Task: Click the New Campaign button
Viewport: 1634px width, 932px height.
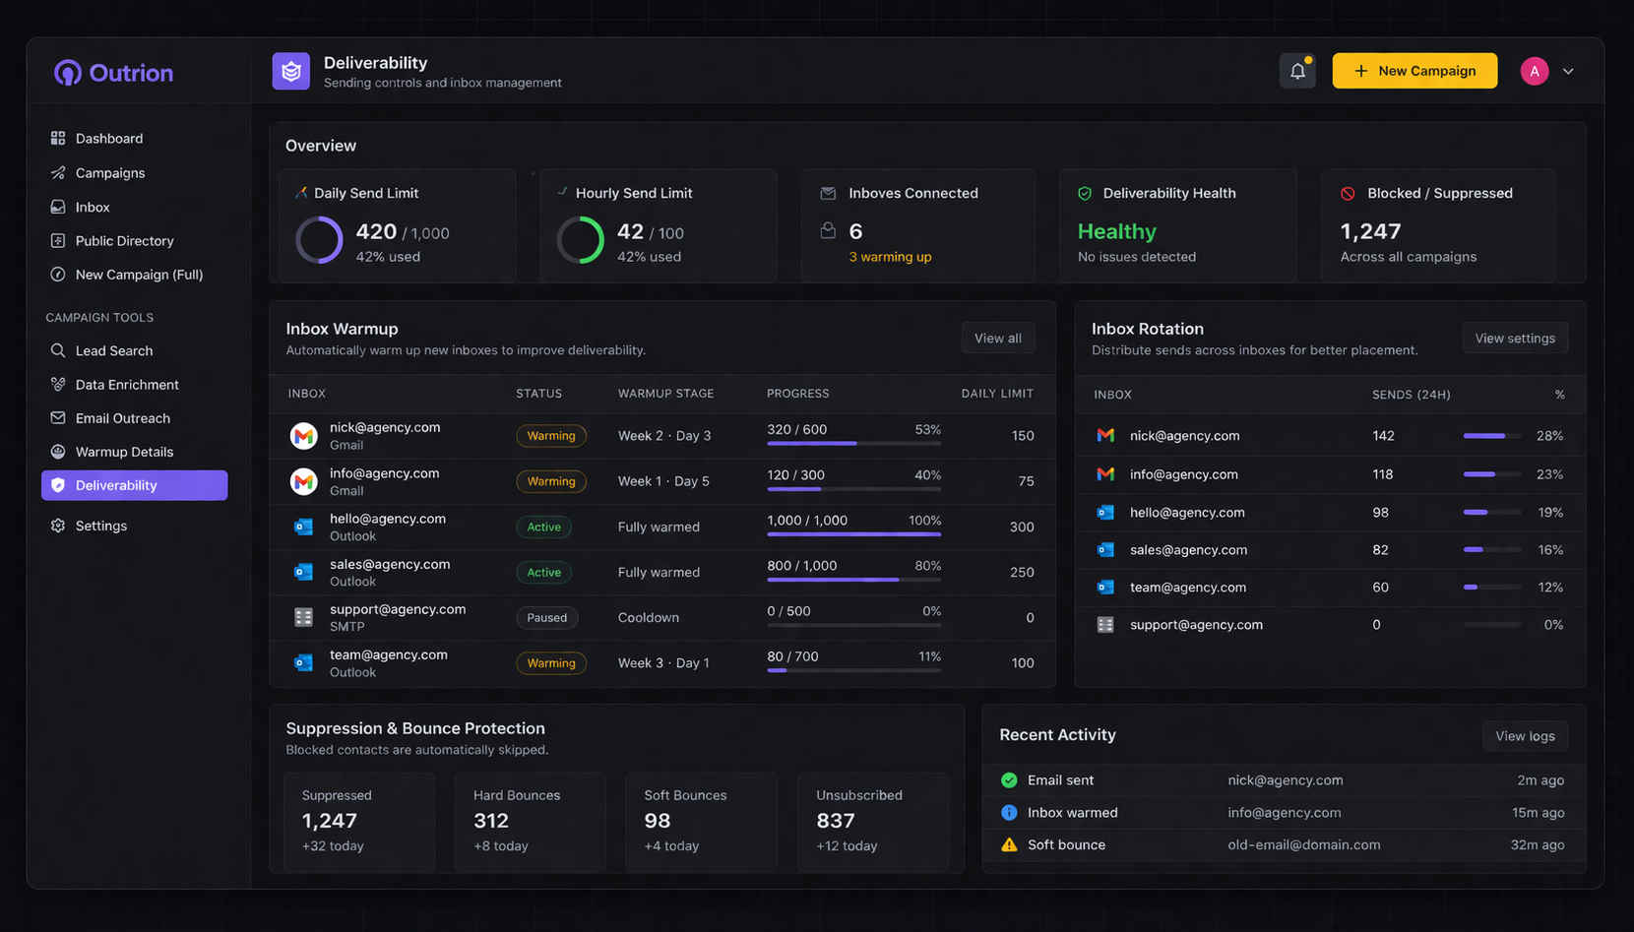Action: (x=1414, y=71)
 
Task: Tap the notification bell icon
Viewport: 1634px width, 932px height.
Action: (x=1297, y=71)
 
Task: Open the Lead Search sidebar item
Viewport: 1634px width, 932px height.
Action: (x=114, y=350)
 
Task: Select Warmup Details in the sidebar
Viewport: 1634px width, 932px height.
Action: (x=124, y=452)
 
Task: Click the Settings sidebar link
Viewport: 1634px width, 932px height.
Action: (x=100, y=526)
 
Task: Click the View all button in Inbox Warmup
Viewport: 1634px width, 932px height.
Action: (x=997, y=338)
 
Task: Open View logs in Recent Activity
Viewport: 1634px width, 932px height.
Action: (x=1525, y=736)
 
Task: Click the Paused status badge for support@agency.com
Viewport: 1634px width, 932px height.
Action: (x=546, y=618)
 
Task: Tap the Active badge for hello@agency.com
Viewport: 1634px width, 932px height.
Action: (x=543, y=527)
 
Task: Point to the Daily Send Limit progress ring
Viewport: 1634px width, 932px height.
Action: (x=320, y=240)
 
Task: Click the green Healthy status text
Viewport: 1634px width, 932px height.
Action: (x=1116, y=231)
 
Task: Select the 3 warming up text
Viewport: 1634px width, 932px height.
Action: (x=890, y=257)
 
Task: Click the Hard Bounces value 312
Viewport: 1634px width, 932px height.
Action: (x=491, y=821)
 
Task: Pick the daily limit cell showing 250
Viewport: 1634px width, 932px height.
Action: (x=1021, y=572)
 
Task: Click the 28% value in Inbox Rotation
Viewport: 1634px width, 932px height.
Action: (x=1548, y=435)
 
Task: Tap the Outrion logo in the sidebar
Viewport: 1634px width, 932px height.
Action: (x=113, y=73)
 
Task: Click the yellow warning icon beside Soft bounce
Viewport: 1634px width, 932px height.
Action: (x=1009, y=844)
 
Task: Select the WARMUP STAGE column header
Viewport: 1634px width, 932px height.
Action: (x=665, y=394)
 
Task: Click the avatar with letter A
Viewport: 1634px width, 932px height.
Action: (x=1534, y=71)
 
